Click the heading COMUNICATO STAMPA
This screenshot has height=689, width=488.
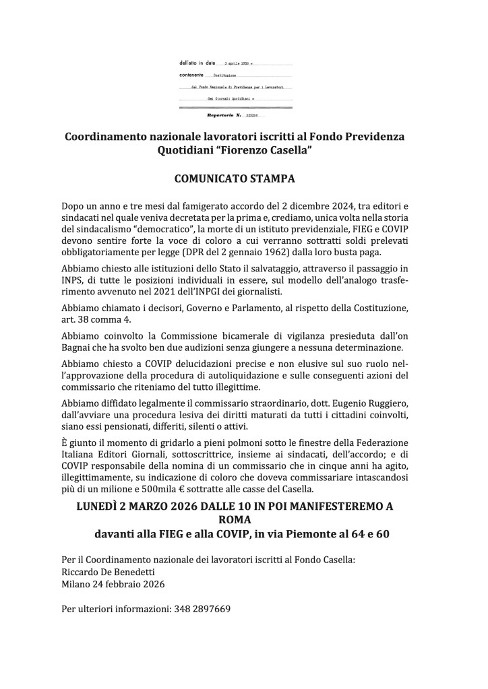click(243, 180)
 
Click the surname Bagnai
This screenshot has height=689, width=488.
click(77, 348)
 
